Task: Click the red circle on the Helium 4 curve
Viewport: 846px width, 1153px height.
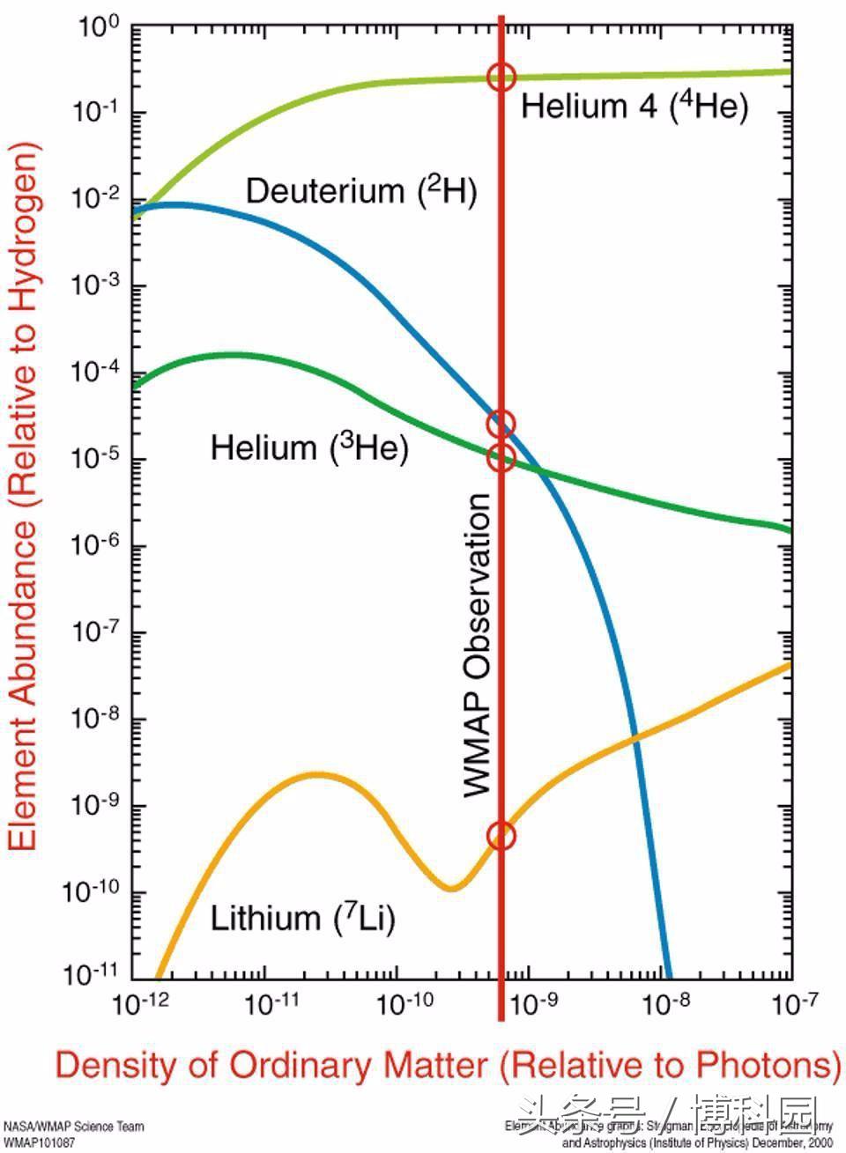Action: pyautogui.click(x=501, y=77)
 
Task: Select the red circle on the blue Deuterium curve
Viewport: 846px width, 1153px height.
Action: pyautogui.click(x=501, y=424)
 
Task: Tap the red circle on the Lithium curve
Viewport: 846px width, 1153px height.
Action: pyautogui.click(x=501, y=836)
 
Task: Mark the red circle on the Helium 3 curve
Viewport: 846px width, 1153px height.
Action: pyautogui.click(x=501, y=457)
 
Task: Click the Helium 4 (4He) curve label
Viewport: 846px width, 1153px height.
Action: pyautogui.click(x=634, y=107)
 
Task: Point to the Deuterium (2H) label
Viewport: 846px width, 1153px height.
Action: pyautogui.click(x=361, y=191)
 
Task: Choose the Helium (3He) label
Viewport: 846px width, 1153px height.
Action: pyautogui.click(x=309, y=448)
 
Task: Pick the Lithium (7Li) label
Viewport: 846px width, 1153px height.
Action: pyautogui.click(x=302, y=919)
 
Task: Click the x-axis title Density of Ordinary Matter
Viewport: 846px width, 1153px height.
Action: pyautogui.click(x=448, y=1065)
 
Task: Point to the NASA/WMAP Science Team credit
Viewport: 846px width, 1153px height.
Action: pyautogui.click(x=74, y=1127)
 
